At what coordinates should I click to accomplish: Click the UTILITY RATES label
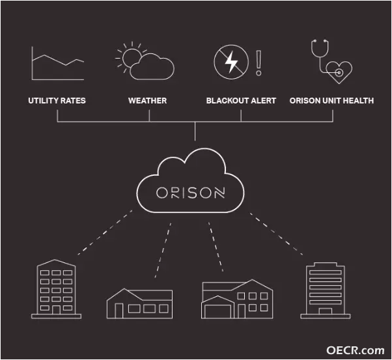coord(57,100)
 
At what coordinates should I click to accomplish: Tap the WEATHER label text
coord(148,100)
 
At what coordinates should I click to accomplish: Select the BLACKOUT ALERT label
coord(241,100)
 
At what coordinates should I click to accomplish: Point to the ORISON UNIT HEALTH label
coord(331,100)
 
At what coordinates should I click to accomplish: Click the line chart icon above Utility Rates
coord(58,63)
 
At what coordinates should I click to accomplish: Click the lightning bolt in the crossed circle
coord(231,62)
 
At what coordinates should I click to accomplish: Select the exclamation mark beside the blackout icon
coord(259,62)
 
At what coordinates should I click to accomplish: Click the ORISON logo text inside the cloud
coord(191,193)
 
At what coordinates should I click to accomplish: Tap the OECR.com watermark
coord(356,350)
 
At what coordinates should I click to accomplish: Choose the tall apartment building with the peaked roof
coord(56,289)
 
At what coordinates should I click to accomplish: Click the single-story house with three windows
coord(139,303)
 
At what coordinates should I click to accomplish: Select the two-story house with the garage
coord(237,299)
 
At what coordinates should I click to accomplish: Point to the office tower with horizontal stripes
coord(325,291)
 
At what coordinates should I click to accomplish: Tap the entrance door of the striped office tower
coord(325,311)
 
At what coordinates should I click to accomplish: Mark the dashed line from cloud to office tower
coord(276,234)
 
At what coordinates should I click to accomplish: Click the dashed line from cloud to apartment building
coord(105,232)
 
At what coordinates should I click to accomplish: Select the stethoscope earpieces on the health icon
coord(320,41)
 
